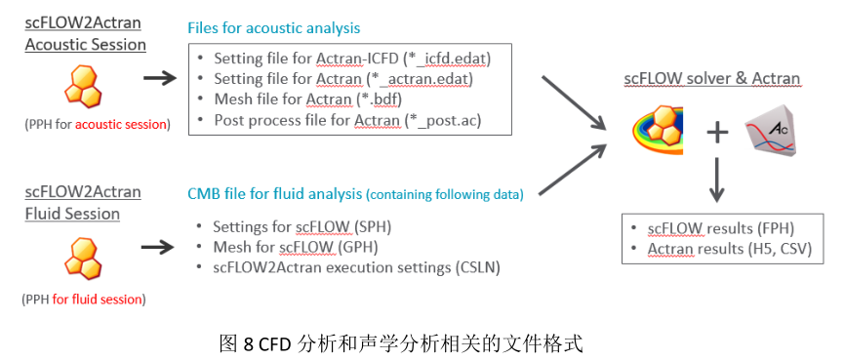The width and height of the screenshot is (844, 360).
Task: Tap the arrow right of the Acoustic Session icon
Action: pyautogui.click(x=158, y=76)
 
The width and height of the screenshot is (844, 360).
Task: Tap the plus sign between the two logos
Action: pyautogui.click(x=717, y=132)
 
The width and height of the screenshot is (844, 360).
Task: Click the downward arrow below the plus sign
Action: pyautogui.click(x=718, y=180)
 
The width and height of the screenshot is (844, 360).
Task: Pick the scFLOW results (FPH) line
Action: pyautogui.click(x=711, y=229)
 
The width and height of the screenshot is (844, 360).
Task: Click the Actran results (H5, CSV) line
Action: pyautogui.click(x=721, y=250)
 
